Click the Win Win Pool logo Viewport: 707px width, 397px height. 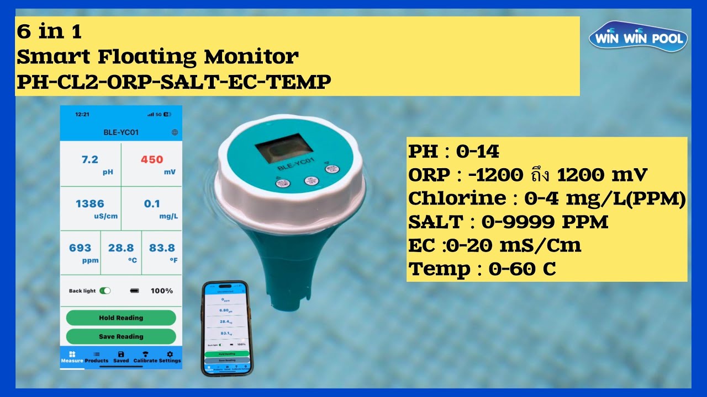(x=638, y=39)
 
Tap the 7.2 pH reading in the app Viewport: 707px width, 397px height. (x=90, y=160)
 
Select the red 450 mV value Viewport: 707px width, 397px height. (x=152, y=160)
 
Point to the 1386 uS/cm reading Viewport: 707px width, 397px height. (x=90, y=204)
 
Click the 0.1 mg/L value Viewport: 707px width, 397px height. (x=152, y=204)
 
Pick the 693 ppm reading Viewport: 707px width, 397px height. (x=80, y=248)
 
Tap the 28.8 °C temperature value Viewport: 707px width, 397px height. (x=121, y=248)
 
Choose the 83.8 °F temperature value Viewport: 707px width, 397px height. (x=162, y=248)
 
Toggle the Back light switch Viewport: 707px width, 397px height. (x=105, y=291)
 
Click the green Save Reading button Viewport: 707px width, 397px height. (x=121, y=336)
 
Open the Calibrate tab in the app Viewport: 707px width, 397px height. (x=145, y=357)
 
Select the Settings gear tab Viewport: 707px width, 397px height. (x=170, y=357)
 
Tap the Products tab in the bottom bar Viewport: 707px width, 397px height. (x=97, y=357)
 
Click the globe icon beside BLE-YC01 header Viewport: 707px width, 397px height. (x=175, y=132)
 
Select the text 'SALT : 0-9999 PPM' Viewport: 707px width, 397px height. (x=508, y=222)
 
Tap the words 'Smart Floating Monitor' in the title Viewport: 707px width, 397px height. (x=157, y=56)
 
